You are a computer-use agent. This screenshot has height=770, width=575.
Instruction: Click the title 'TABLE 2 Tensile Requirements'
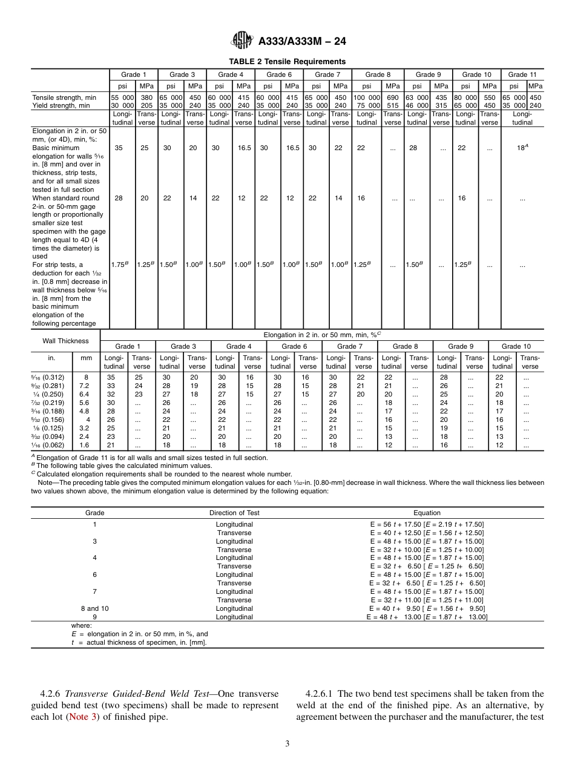[287, 62]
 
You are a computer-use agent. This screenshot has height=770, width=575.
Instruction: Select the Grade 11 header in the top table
[522, 74]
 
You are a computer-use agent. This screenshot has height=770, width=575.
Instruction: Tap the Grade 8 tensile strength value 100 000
[367, 97]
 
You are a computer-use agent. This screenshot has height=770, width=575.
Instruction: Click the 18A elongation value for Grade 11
[522, 147]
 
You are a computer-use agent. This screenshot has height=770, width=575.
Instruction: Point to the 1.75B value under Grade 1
[121, 265]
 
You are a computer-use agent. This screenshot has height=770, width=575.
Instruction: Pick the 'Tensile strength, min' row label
[64, 97]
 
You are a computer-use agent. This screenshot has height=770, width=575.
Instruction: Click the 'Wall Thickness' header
[65, 341]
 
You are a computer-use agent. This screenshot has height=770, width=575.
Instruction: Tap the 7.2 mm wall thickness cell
[84, 386]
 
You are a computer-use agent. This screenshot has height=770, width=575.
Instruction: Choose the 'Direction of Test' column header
[234, 513]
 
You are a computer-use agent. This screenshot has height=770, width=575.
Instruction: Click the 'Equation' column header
[427, 513]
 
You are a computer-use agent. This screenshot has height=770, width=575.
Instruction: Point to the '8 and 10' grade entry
[94, 608]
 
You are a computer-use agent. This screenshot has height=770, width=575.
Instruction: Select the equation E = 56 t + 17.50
[427, 524]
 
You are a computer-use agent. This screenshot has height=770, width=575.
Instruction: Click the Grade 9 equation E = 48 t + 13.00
[427, 617]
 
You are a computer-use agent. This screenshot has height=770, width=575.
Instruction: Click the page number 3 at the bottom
[287, 744]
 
